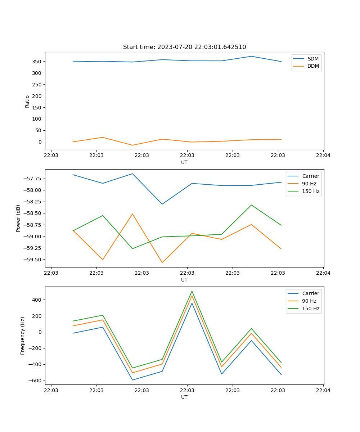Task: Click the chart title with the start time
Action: [184, 47]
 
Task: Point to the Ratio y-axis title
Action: [27, 101]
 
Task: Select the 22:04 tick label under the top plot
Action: [323, 155]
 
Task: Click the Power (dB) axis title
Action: [18, 218]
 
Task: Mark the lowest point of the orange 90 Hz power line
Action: [162, 262]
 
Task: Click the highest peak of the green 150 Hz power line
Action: [251, 205]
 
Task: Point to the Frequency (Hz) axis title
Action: [23, 336]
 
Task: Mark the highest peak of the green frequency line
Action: [192, 291]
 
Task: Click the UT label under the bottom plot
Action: [184, 397]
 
